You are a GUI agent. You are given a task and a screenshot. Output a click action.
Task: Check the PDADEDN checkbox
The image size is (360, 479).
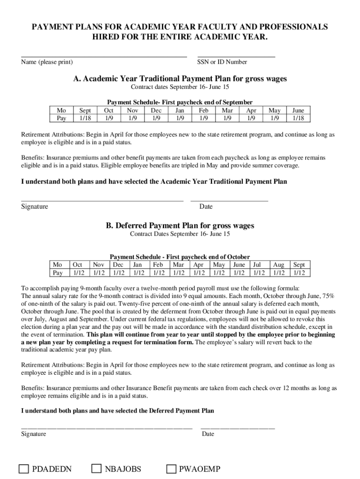24,469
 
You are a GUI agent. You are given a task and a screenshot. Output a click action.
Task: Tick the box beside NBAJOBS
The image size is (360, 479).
97,469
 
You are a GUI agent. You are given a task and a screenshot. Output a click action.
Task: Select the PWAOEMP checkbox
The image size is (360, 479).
172,469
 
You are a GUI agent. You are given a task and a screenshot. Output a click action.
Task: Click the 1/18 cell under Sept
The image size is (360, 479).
86,118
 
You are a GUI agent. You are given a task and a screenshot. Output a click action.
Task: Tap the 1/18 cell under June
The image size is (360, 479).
298,118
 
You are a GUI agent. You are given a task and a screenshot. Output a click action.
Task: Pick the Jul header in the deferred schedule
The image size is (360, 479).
258,264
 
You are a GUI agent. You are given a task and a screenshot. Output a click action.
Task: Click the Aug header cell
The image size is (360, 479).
279,264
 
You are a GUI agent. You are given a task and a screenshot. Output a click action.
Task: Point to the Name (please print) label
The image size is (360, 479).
47,62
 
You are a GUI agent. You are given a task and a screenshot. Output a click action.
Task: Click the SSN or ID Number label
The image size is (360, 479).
222,62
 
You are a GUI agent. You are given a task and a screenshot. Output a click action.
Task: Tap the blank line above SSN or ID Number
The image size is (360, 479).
236,57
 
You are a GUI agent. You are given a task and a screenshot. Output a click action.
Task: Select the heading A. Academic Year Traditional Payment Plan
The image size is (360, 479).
180,79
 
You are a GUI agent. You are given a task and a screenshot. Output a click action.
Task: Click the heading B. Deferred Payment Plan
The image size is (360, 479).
180,225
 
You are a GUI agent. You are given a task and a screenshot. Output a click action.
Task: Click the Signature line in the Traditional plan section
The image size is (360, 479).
102,201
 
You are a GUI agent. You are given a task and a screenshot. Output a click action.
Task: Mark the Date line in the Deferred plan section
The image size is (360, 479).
238,428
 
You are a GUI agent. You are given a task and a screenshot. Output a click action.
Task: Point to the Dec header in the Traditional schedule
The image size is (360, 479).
156,110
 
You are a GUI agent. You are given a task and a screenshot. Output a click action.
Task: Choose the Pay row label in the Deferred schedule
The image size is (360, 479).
58,273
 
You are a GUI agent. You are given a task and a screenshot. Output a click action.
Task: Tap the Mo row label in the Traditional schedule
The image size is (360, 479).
61,110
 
